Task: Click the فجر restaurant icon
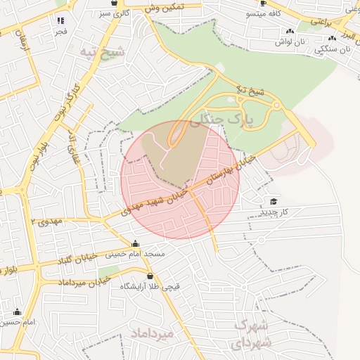click(x=60, y=20)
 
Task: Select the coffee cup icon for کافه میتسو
click(x=263, y=3)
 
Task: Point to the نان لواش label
click(x=290, y=42)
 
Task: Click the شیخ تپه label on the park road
click(x=250, y=91)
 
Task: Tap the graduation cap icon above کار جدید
click(x=273, y=202)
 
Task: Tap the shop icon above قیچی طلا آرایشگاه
click(x=150, y=276)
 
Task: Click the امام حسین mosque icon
click(x=17, y=311)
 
